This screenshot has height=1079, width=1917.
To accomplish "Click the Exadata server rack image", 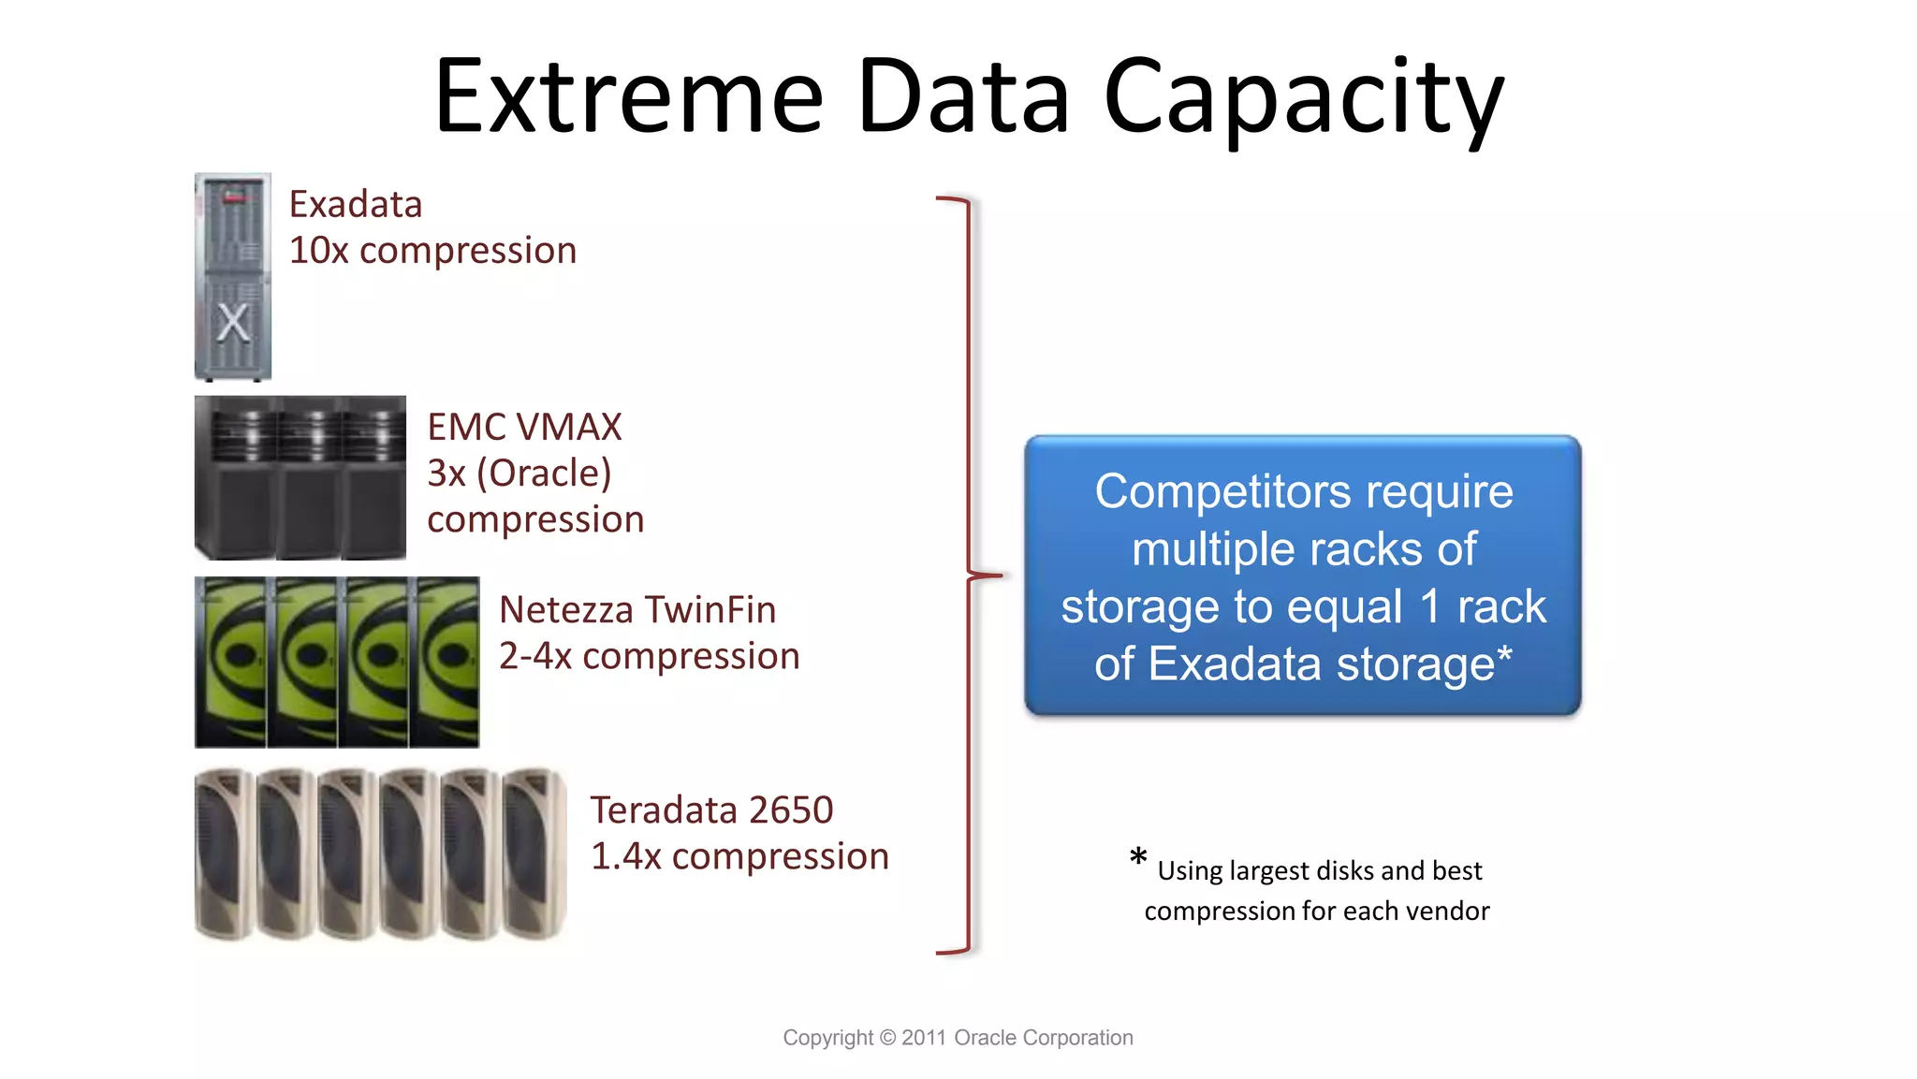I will point(233,277).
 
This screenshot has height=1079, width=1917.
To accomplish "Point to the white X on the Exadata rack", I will point(233,324).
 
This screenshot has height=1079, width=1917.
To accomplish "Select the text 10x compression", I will point(432,251).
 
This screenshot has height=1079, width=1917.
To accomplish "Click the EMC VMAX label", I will point(524,427).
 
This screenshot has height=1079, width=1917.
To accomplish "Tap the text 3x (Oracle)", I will point(519,474).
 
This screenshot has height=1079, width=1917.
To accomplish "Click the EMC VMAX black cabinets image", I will point(300,477).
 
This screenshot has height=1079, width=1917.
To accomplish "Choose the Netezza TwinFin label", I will point(637,609).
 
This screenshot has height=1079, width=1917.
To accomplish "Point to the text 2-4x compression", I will point(649,656).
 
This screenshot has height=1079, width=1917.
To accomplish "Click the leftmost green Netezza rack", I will point(230,662).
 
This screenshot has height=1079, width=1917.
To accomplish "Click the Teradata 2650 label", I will point(711,809).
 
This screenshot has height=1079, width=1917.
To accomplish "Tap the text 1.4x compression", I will point(739,856).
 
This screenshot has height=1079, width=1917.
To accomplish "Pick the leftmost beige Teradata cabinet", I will point(224,853).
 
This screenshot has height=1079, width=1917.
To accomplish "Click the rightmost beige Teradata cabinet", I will point(534,853).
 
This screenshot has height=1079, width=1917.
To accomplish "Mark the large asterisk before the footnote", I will point(1138,857).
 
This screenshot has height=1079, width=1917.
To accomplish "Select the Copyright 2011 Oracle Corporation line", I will point(958,1038).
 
